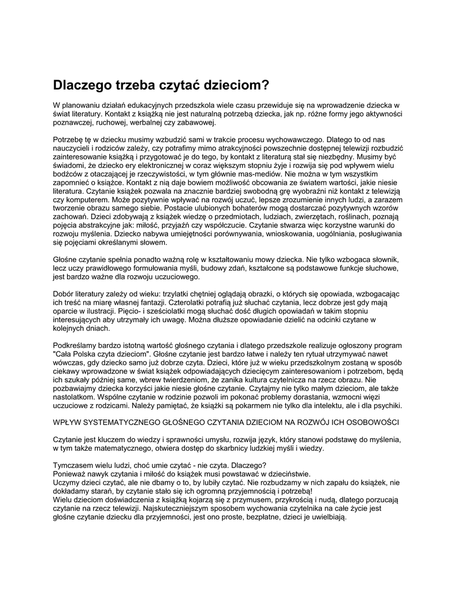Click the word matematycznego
point(135,448)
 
